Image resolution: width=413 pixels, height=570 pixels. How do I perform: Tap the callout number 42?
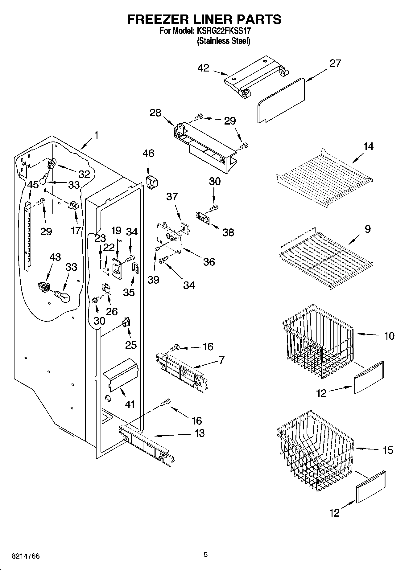tap(203, 68)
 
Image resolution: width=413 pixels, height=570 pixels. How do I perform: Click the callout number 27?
tap(335, 63)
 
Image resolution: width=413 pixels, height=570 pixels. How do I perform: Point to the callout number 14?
tap(368, 146)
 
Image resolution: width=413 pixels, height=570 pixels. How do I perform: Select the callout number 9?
tap(367, 229)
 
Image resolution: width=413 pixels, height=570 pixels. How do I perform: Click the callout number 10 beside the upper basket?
tap(389, 336)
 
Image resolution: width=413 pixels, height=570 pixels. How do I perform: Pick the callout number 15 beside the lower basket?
tap(388, 450)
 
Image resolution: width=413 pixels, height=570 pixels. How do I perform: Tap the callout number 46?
tap(148, 153)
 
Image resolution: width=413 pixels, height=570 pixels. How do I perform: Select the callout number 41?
tap(130, 404)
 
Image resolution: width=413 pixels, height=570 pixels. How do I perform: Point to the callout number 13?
tap(200, 433)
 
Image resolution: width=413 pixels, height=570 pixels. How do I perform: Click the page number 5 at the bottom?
tap(206, 555)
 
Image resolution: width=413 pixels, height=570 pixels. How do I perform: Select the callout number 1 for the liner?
tap(97, 135)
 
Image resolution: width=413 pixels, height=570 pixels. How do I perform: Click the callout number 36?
tap(209, 262)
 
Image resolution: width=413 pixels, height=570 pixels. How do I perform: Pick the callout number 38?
tap(228, 232)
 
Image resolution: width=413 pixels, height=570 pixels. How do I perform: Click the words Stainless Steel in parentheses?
tap(224, 41)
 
